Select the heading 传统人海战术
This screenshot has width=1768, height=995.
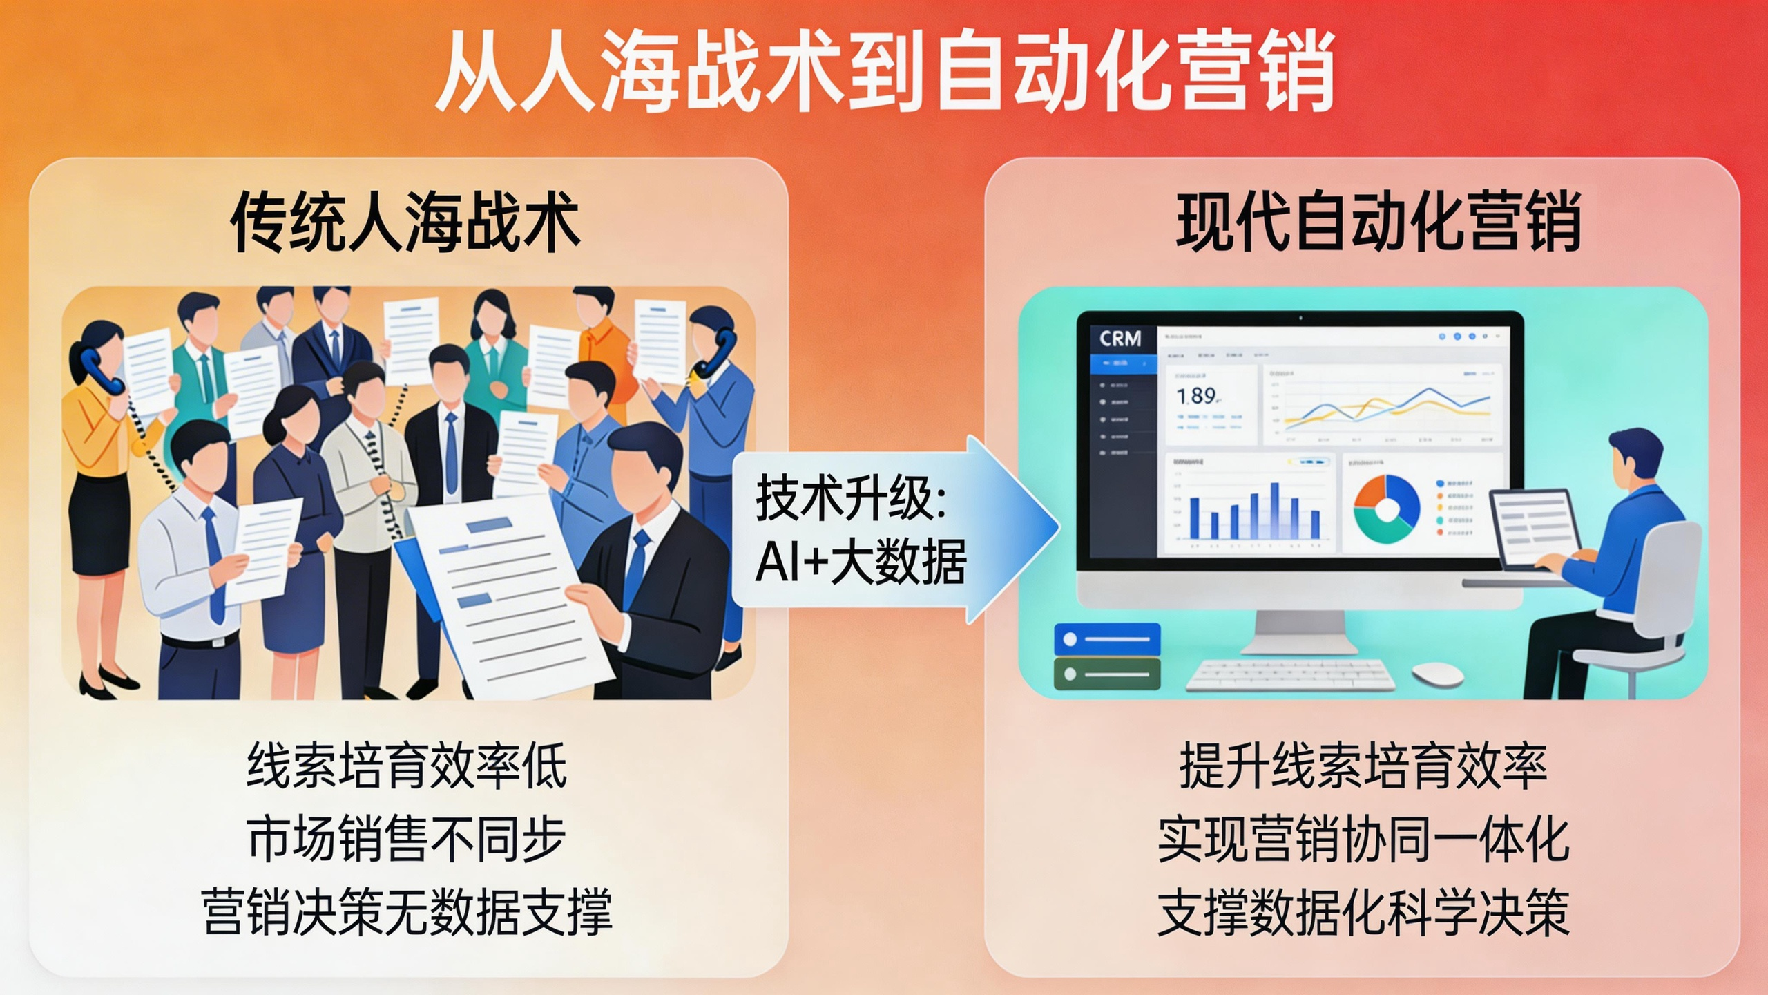[405, 222]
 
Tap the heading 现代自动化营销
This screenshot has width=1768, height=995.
[1378, 222]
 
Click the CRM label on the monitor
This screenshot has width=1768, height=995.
[1120, 339]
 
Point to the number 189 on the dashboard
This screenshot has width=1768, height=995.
[1197, 396]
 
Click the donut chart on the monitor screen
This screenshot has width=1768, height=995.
[1386, 509]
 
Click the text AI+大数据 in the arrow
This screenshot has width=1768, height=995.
[860, 561]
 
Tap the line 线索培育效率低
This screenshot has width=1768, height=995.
[406, 766]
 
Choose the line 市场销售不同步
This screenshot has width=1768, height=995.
[406, 839]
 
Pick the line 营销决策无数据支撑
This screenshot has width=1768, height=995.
[406, 912]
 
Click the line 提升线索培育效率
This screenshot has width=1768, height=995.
[1363, 766]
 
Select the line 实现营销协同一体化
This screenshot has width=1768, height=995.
[1363, 839]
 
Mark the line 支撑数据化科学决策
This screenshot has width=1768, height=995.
[1363, 912]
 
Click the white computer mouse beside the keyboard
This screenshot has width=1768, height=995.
[1437, 674]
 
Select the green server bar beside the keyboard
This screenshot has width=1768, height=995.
[1107, 674]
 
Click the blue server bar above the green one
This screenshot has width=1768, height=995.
[1107, 639]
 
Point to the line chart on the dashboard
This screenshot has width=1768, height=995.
[1382, 408]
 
